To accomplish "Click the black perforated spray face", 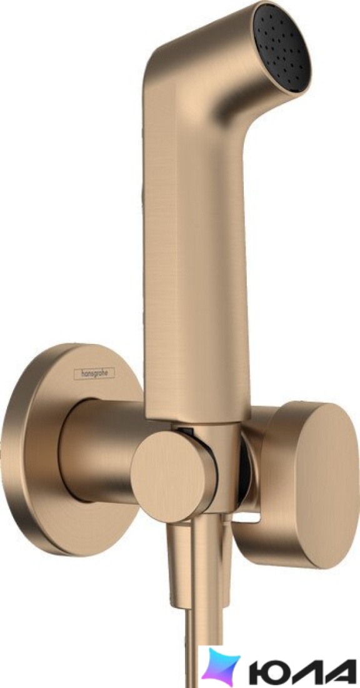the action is pyautogui.click(x=282, y=48).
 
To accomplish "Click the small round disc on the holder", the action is pyautogui.click(x=174, y=475).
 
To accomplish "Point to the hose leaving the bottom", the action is pyautogui.click(x=192, y=645).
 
